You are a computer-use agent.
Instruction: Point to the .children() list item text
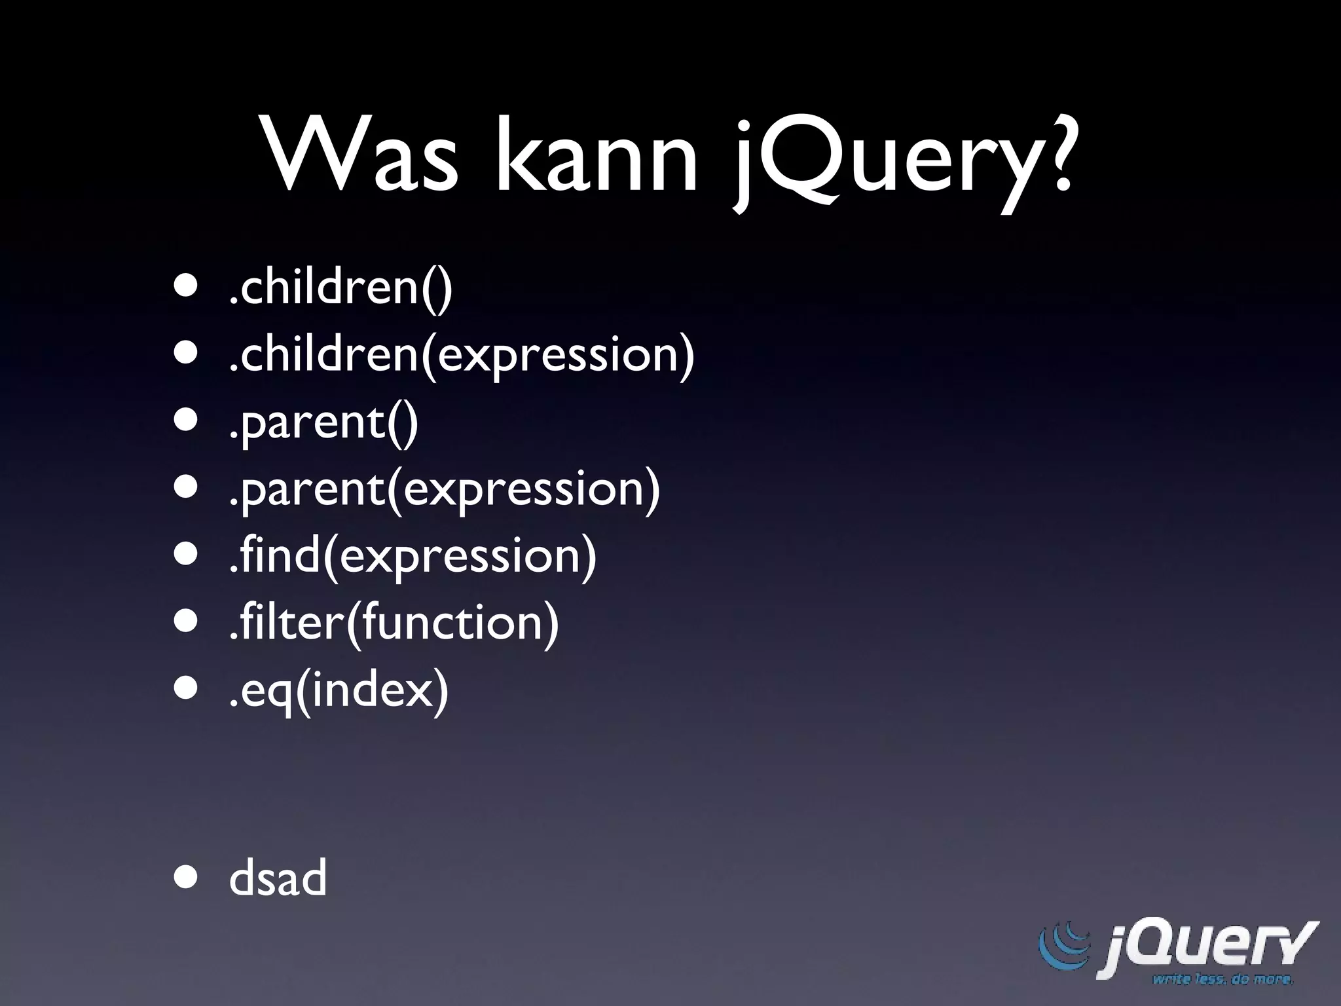point(340,288)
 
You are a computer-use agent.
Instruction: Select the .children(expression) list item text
point(461,355)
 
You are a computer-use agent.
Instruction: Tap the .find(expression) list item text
point(413,555)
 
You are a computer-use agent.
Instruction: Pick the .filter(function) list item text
point(394,622)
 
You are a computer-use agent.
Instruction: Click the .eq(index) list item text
point(339,689)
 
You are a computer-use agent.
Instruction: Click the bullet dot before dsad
point(185,878)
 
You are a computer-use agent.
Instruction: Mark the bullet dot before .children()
point(185,287)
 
